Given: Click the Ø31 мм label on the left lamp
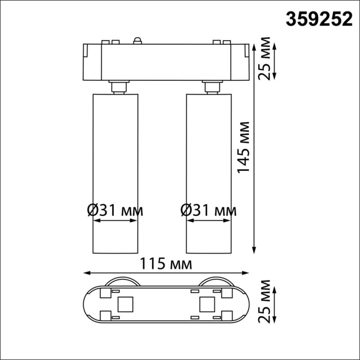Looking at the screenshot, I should [x=115, y=210].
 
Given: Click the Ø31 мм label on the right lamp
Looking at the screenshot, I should [x=209, y=210].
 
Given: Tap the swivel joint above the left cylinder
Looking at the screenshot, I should [x=119, y=87].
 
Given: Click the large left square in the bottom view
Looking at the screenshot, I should [x=124, y=304].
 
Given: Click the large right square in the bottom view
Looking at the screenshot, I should [x=207, y=304].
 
